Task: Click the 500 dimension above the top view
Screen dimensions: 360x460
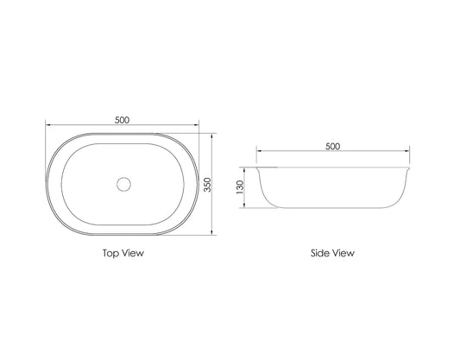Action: (122, 120)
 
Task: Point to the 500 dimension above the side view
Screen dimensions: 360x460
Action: (332, 146)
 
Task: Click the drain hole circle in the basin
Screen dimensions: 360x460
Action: (123, 183)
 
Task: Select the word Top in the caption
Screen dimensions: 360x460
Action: (110, 254)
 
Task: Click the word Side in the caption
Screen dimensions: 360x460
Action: (320, 254)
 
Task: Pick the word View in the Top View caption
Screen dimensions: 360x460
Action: (132, 254)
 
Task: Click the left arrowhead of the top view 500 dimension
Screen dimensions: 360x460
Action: (48, 127)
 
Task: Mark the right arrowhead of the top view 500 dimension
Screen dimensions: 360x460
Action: (197, 127)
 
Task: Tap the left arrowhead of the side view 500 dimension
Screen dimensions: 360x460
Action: (256, 153)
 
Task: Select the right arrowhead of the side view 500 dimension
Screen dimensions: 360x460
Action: (408, 153)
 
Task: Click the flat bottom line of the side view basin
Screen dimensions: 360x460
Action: (332, 208)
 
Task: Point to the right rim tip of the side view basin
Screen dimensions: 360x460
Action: (408, 167)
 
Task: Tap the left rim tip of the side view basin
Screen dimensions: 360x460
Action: (256, 167)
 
